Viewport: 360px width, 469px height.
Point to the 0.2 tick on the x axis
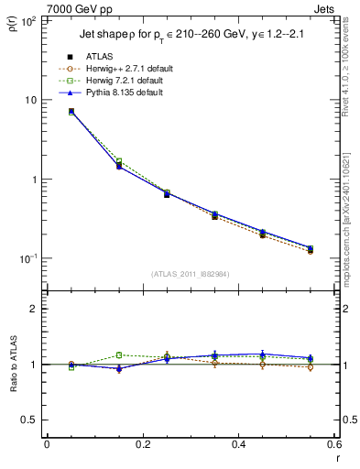[x=142, y=444]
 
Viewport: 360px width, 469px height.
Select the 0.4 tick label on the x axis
[x=238, y=444]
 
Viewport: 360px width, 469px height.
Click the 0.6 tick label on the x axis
[x=333, y=444]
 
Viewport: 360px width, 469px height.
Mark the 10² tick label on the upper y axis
[x=29, y=20]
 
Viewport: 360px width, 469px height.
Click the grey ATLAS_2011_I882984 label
[x=191, y=273]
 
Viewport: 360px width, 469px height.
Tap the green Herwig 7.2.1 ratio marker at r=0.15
[x=118, y=355]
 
